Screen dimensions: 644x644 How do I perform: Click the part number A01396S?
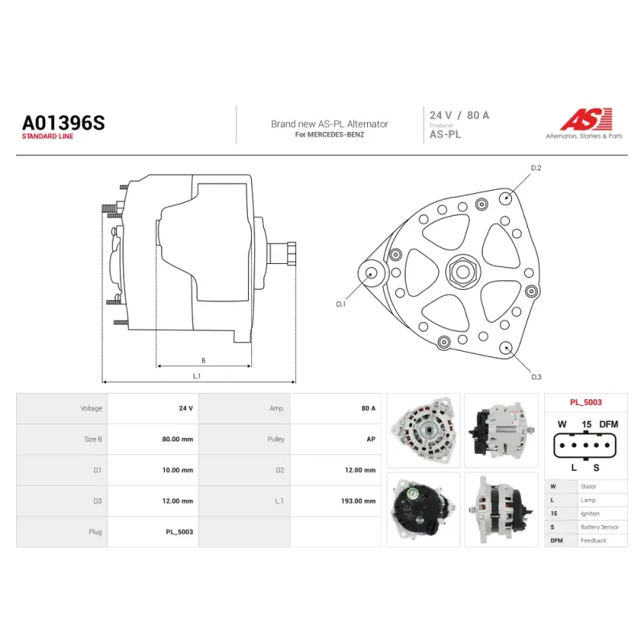pos(64,123)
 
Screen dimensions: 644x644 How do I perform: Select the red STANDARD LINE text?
pos(47,136)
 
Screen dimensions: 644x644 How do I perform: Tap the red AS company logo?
pos(587,119)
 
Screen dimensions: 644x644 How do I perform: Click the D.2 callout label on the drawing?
pos(536,168)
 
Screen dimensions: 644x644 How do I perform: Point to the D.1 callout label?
pos(341,304)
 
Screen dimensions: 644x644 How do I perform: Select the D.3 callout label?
pos(536,377)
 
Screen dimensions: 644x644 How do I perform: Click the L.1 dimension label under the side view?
pos(196,376)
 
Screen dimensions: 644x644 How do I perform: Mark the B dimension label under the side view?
pos(204,361)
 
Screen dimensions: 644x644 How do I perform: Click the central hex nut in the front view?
pos(463,271)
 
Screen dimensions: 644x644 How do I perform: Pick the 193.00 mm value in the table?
pos(358,501)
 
